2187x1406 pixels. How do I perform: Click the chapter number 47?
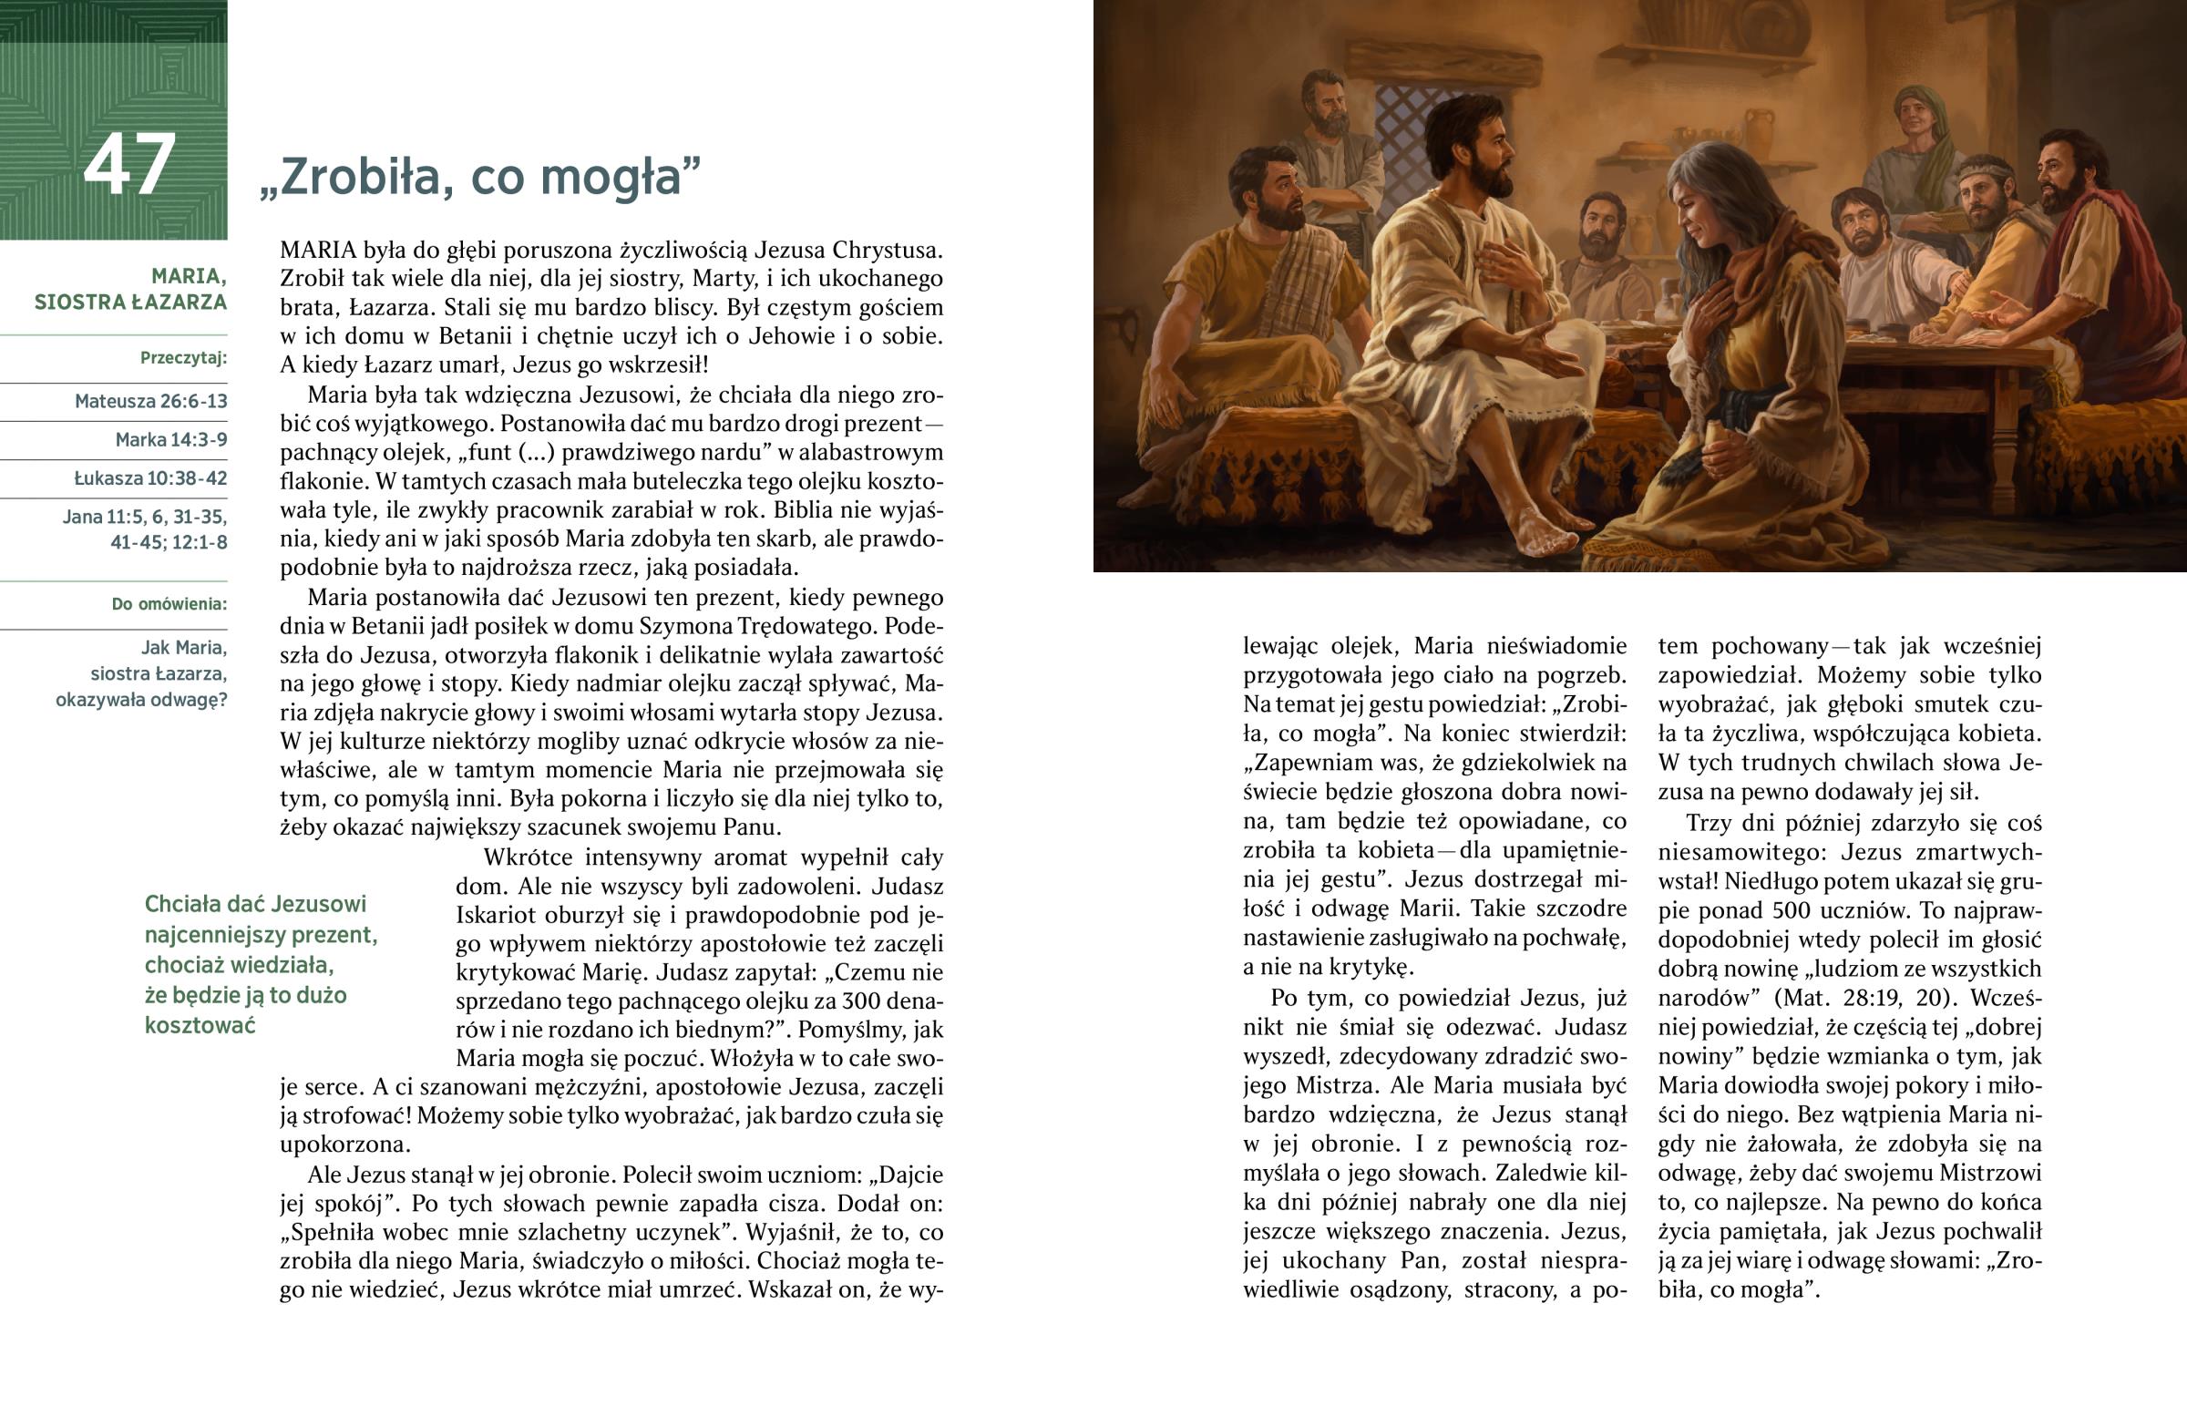point(129,165)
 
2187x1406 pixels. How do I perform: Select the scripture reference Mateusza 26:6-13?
point(150,402)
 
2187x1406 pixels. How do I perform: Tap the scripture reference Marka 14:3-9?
point(170,440)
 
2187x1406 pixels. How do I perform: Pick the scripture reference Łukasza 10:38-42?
point(150,478)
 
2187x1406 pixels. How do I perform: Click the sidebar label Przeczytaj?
point(183,358)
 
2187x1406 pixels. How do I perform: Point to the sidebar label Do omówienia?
point(169,604)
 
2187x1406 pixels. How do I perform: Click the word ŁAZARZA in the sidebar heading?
point(179,303)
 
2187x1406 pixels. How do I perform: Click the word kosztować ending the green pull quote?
point(200,1025)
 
